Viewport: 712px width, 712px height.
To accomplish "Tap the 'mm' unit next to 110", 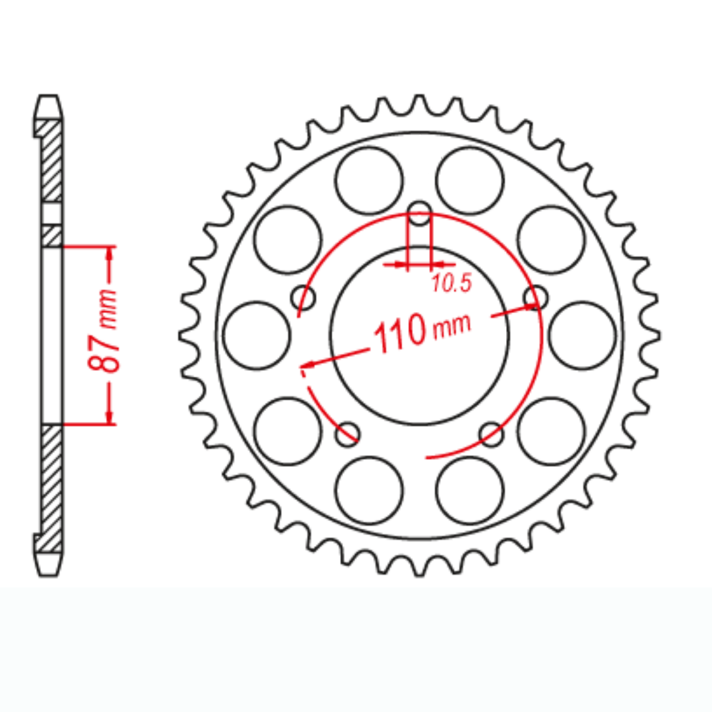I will pos(452,325).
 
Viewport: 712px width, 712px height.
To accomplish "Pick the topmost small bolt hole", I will pos(421,213).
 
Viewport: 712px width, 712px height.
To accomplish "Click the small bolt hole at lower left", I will pos(347,434).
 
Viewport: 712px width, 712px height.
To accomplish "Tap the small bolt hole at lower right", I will pos(492,434).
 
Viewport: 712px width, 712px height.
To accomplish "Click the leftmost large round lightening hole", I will pos(258,335).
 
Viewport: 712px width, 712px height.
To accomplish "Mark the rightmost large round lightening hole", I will pos(583,335).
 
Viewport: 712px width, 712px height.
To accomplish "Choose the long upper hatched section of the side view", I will pos(52,160).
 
